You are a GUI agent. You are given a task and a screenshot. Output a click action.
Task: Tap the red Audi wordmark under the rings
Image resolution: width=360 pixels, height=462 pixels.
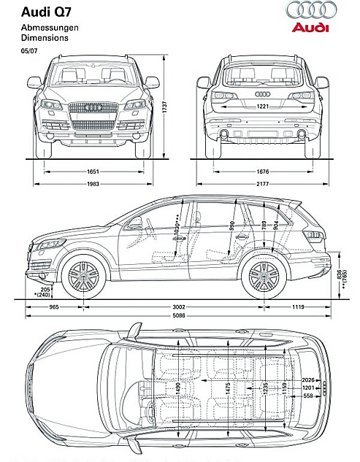pos(310,28)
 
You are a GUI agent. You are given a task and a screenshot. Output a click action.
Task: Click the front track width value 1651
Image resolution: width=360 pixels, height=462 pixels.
pos(93,172)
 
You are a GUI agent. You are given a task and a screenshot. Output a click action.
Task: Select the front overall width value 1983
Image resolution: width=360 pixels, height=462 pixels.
pos(93,183)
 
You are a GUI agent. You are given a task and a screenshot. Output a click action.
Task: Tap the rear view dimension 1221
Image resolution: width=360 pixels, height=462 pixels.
pos(263,107)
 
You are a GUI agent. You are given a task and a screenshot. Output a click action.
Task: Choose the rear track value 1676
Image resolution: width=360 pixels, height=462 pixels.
pos(262,172)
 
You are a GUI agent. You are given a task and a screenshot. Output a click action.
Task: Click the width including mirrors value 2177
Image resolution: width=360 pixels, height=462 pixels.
pos(262,183)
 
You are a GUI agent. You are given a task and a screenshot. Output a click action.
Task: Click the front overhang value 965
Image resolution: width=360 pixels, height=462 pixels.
pos(53,308)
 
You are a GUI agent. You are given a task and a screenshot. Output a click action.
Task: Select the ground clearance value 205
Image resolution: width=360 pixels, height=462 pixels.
pos(46,290)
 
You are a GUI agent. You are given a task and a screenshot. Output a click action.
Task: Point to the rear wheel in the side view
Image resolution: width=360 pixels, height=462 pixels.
pos(264,277)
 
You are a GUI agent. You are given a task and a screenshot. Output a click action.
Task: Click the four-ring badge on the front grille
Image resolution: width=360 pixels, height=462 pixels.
pos(93,107)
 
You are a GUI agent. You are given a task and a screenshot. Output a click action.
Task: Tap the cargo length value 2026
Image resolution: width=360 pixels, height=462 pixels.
pos(307,380)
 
